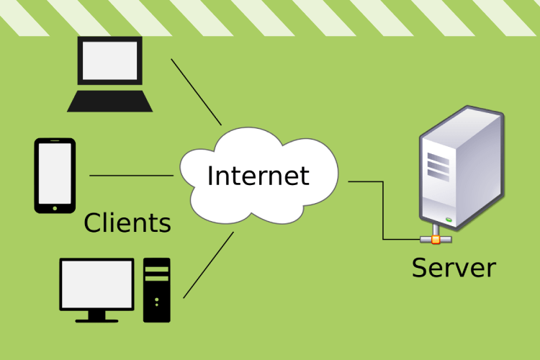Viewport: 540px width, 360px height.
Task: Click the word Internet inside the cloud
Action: (x=258, y=176)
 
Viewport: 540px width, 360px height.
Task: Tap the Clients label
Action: (x=127, y=223)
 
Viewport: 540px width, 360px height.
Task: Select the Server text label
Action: (x=454, y=268)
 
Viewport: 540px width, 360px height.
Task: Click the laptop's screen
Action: (x=109, y=60)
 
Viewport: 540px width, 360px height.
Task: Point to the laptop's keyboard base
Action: (x=110, y=102)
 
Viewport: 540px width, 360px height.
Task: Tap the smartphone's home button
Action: (x=55, y=208)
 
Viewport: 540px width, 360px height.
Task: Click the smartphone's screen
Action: (x=55, y=174)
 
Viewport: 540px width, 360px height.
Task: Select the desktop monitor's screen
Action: (x=96, y=283)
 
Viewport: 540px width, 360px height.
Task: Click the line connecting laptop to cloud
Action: (x=196, y=91)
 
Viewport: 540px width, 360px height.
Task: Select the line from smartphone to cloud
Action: (x=131, y=175)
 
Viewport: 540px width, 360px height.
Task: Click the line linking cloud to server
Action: (x=382, y=209)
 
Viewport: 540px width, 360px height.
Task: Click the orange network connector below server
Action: (x=436, y=238)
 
